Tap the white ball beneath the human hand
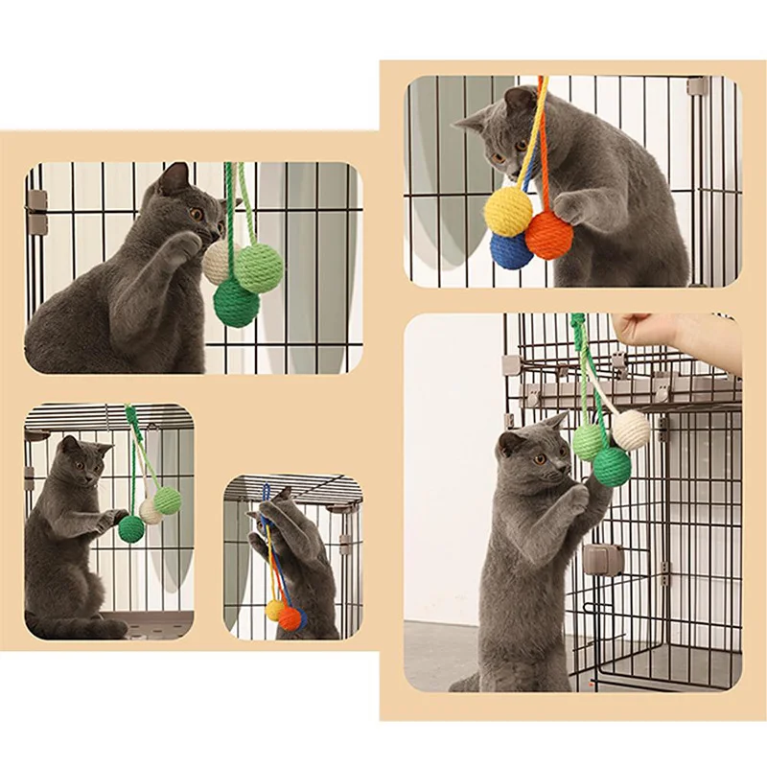[631, 430]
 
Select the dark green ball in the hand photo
[611, 466]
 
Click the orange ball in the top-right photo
[549, 236]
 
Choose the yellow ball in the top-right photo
[508, 210]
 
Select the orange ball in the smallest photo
[290, 618]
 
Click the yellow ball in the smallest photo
[275, 609]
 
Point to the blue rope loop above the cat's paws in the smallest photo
[266, 495]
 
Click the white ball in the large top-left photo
[218, 262]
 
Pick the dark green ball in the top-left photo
[236, 303]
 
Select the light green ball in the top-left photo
[259, 267]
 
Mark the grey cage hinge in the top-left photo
[36, 202]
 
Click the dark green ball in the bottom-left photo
[131, 527]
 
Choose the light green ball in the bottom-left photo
[167, 500]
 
